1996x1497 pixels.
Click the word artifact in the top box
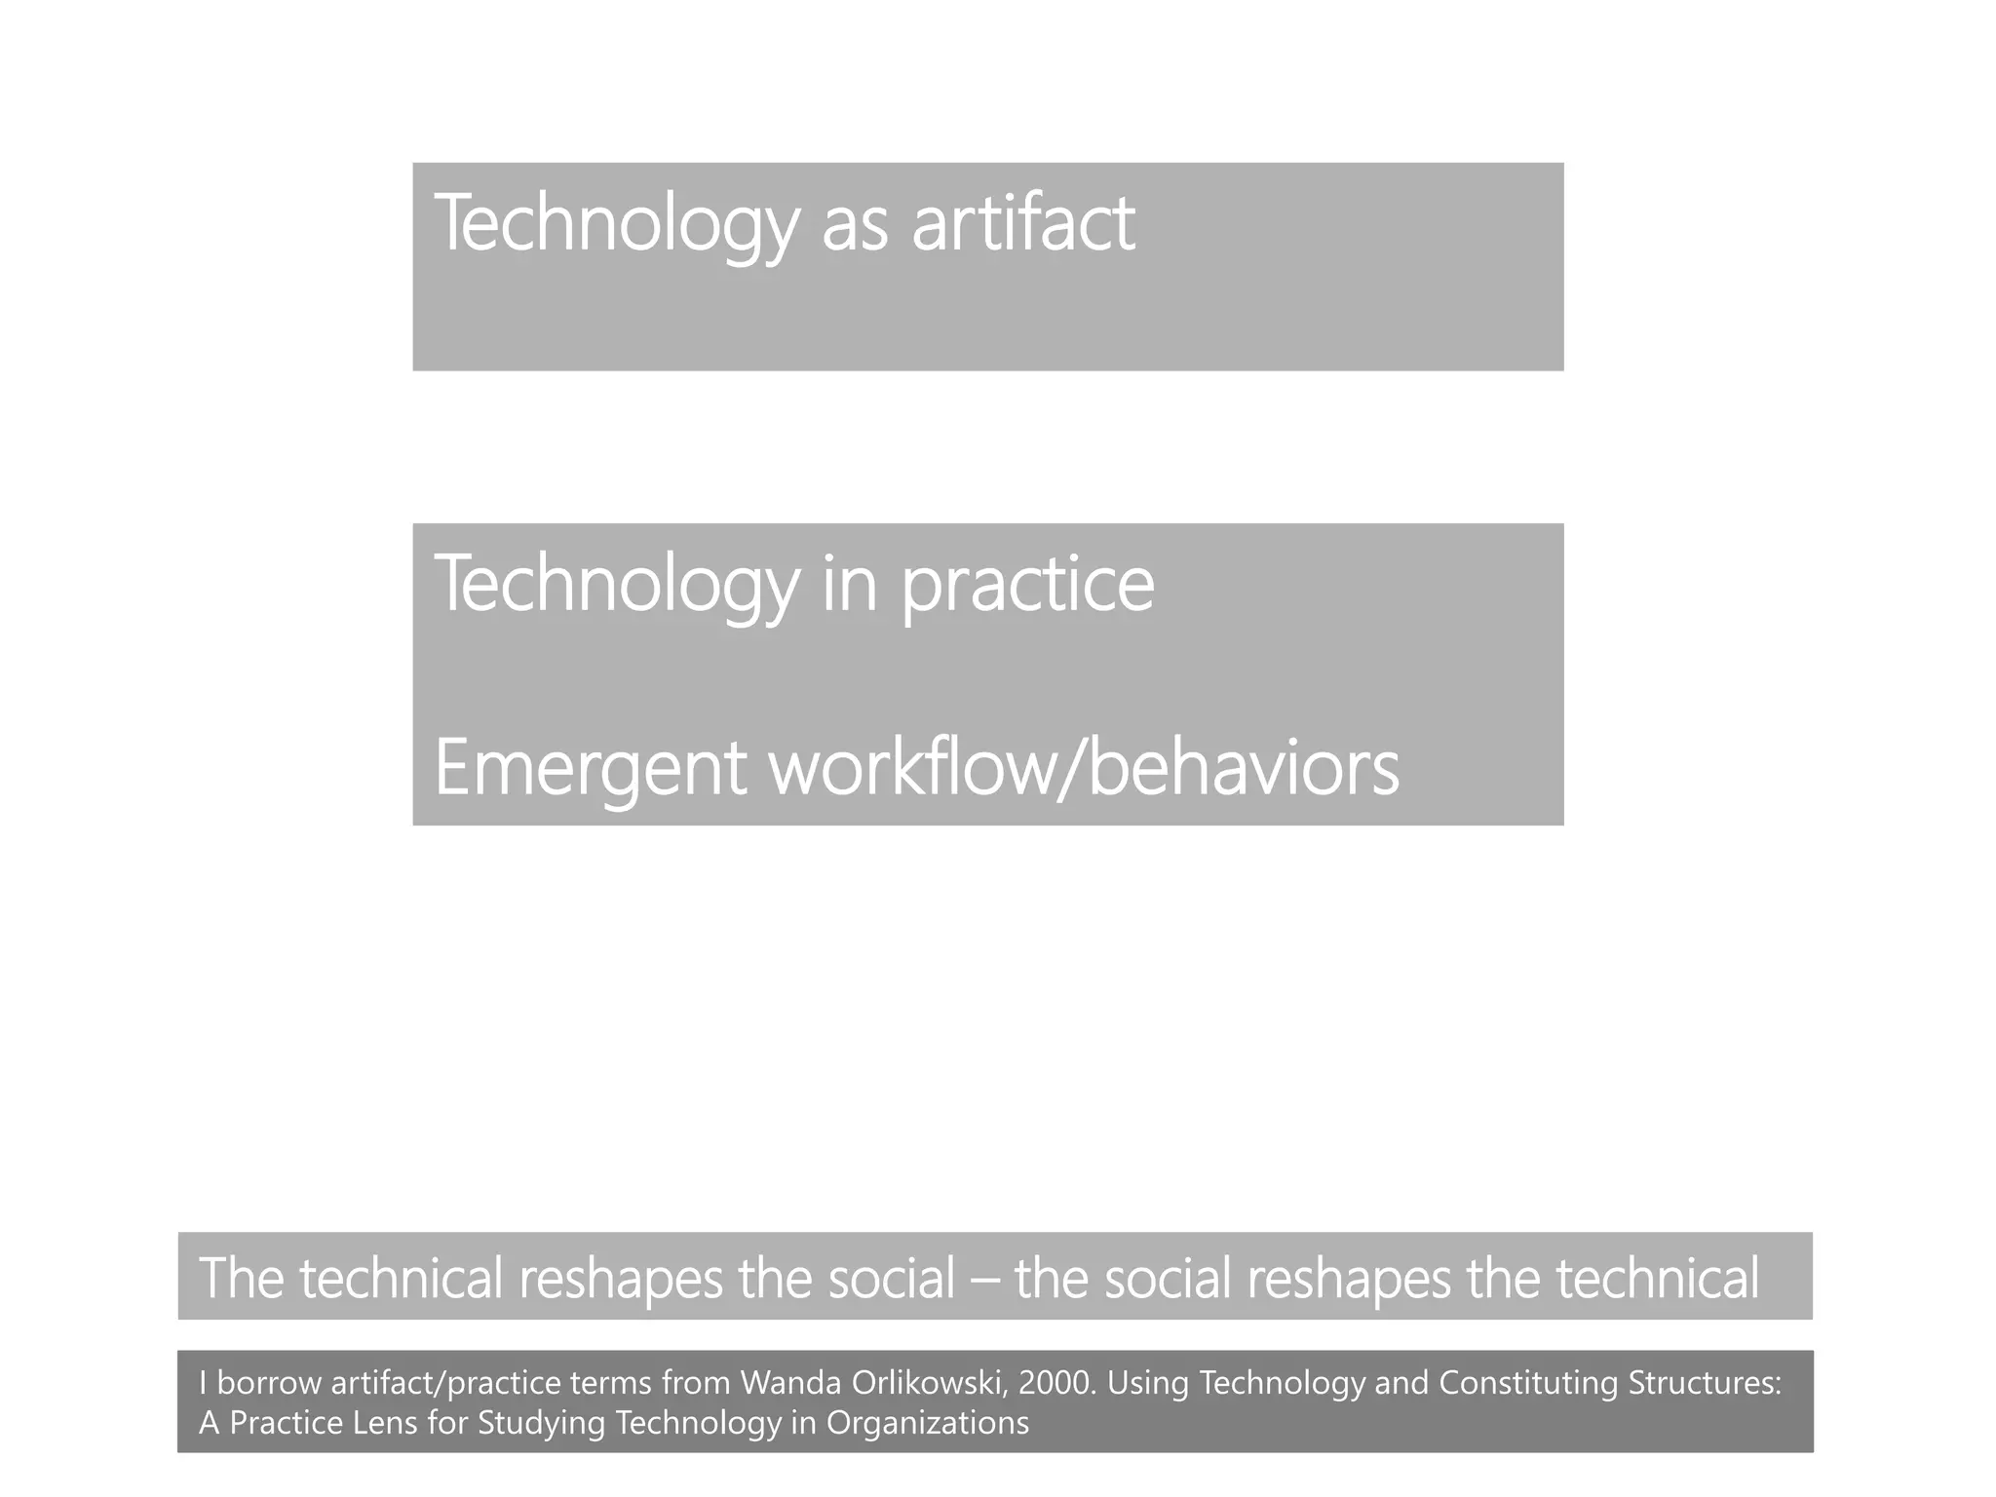tap(1023, 223)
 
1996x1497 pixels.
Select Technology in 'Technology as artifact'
tap(615, 225)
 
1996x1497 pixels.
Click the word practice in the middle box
tap(1027, 585)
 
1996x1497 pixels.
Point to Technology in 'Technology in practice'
tap(615, 585)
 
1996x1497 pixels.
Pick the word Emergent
tap(590, 769)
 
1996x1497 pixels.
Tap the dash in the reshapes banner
tap(985, 1279)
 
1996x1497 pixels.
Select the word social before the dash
tap(892, 1278)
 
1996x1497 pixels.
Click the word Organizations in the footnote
tap(927, 1424)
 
